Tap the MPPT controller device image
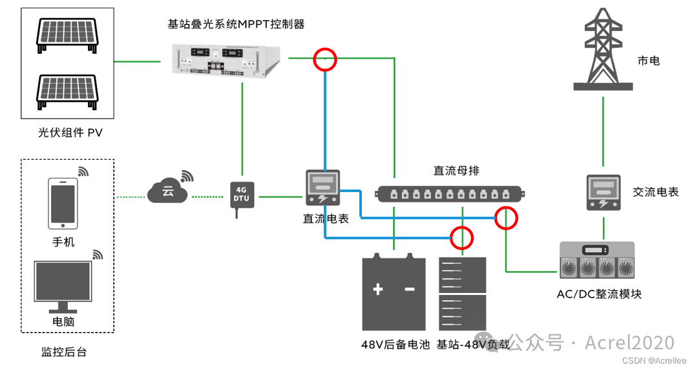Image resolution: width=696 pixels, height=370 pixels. pos(227,60)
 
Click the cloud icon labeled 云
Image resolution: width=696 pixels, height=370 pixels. pos(168,191)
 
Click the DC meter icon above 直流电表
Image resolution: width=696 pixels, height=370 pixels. pos(323,190)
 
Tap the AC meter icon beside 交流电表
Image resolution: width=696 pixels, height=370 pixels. pos(604,192)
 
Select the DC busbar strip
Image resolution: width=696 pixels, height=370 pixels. pos(451,193)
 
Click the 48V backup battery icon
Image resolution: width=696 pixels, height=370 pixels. pos(394,293)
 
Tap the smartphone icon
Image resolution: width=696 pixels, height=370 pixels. pos(63,204)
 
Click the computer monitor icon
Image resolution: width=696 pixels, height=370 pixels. pos(63,285)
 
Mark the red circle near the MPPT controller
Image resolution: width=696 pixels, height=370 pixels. pos(325,60)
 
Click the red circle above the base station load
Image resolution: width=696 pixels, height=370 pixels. pos(462,238)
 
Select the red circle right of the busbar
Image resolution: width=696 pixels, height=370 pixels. pos(506,219)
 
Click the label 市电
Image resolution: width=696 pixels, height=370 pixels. pos(648,61)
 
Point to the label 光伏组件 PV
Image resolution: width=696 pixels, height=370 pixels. pos(70,133)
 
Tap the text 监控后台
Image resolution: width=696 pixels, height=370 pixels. pos(63,352)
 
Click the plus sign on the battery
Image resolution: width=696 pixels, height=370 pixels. pos(378,289)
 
